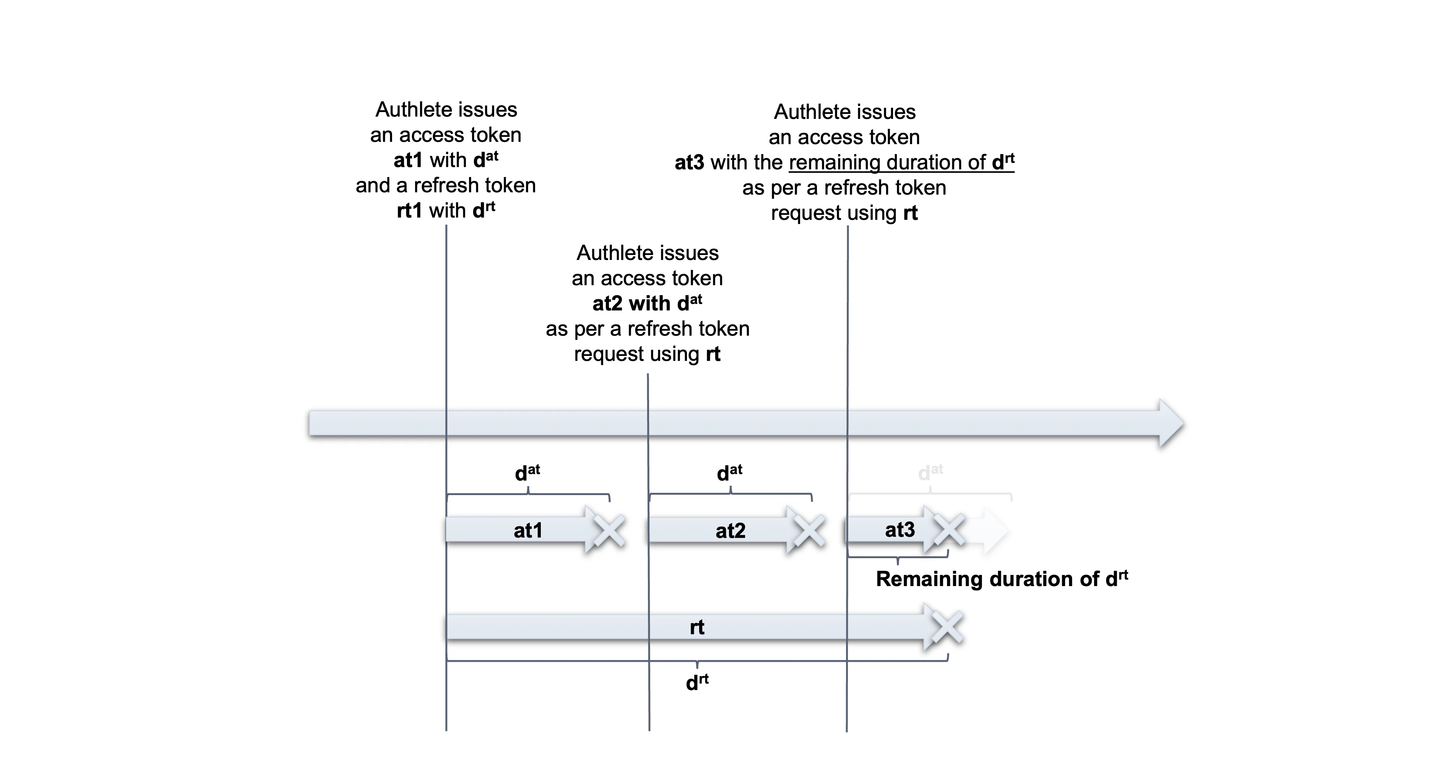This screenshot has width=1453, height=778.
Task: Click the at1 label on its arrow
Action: pos(528,531)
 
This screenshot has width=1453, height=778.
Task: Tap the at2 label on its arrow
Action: pos(731,531)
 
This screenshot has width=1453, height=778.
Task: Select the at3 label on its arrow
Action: pos(900,529)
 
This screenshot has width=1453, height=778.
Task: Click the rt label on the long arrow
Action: pos(697,627)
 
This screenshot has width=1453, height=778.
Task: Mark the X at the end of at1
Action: pos(610,531)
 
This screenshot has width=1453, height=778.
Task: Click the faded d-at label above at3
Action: pos(930,473)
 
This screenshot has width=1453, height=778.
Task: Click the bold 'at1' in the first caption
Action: pos(408,160)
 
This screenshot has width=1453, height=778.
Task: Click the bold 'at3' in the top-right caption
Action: pos(689,162)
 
